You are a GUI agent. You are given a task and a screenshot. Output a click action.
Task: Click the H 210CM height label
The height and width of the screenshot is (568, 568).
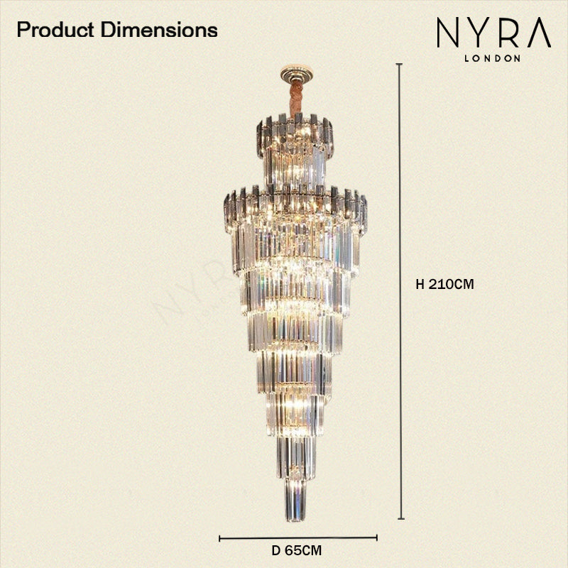[444, 284]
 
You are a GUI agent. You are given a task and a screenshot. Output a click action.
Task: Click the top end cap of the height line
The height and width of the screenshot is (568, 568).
[400, 65]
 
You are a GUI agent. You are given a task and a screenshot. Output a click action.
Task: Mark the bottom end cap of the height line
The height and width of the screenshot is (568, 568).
[400, 519]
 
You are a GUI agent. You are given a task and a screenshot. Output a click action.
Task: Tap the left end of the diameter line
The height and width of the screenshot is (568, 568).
[219, 537]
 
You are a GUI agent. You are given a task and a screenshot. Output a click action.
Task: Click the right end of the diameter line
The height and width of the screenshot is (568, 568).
[376, 537]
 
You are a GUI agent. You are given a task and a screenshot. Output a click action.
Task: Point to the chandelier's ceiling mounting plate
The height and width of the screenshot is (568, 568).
[296, 71]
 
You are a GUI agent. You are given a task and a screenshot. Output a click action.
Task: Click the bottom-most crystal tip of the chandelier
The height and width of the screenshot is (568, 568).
[296, 515]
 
